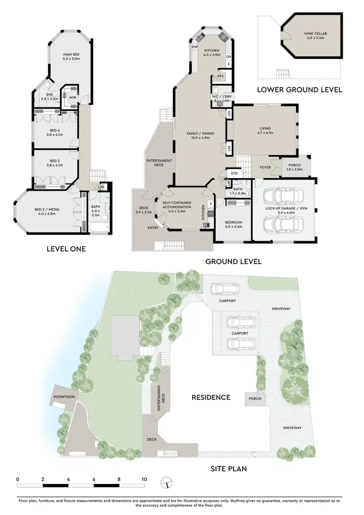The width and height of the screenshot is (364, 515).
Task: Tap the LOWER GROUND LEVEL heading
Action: pos(299,89)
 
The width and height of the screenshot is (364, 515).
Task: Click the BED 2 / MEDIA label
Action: pos(47,210)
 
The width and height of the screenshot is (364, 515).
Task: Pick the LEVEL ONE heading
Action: pos(66,249)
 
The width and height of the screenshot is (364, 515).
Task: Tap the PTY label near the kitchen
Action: pos(220,76)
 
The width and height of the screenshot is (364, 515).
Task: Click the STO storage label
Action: pos(234,173)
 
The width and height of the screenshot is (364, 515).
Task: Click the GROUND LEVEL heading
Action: pos(233,262)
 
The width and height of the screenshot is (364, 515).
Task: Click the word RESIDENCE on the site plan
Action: pos(211,397)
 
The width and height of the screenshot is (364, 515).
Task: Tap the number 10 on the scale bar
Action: pos(144,479)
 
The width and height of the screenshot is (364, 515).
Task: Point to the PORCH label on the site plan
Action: pos(255,399)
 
